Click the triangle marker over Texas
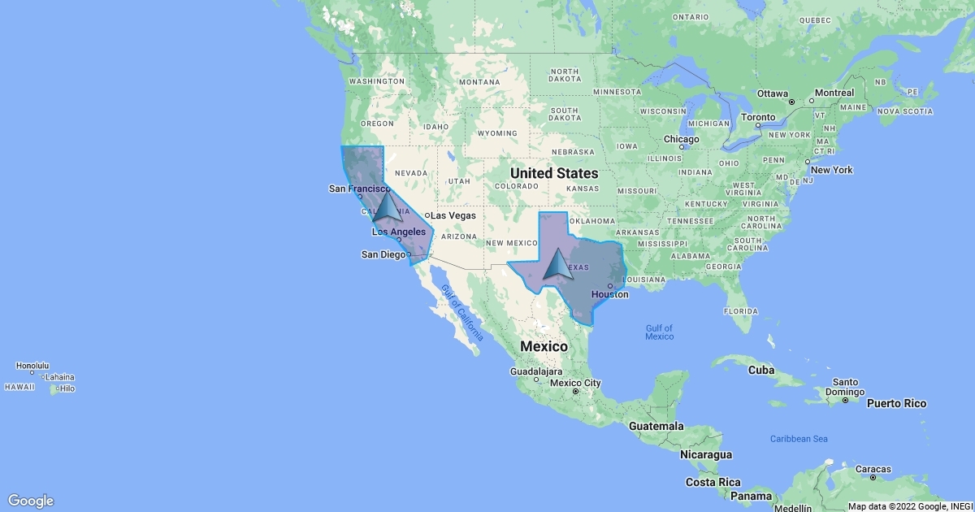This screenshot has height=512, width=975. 557,266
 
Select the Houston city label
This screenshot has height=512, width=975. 609,294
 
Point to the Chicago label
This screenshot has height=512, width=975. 681,139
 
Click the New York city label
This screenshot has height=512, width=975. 831,170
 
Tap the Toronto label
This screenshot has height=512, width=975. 759,117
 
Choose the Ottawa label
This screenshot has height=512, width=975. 773,93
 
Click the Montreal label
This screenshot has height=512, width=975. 834,93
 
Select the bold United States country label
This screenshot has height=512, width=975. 554,173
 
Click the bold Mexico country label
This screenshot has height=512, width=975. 544,346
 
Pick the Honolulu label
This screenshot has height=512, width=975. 32,366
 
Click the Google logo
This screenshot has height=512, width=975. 31,501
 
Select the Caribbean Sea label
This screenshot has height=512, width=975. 799,439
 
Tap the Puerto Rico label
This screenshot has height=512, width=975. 896,403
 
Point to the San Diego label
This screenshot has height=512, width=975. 383,254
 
